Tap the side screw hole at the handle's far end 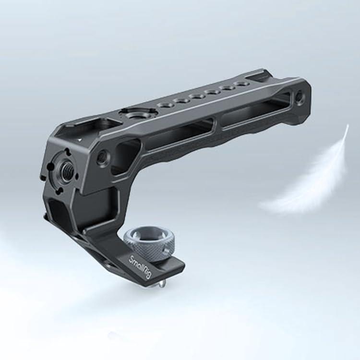300,98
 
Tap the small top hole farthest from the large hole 243,84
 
